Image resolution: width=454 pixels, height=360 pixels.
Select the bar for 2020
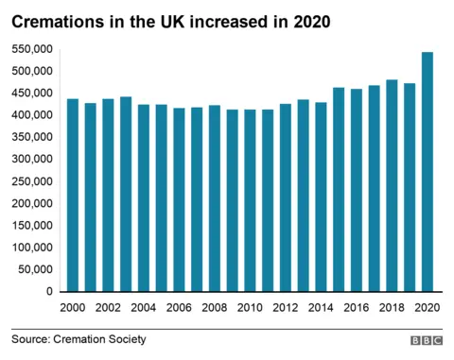[x=428, y=171]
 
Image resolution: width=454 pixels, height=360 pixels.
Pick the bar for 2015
[x=339, y=189]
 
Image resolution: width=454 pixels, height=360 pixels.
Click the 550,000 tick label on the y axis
[x=32, y=49]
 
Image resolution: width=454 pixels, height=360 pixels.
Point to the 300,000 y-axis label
[x=32, y=160]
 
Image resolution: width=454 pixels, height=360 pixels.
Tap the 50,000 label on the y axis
[x=35, y=270]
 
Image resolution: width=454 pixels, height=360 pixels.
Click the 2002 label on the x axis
[x=108, y=308]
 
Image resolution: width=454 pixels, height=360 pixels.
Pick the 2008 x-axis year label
[x=215, y=308]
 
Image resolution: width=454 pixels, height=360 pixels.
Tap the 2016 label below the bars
[x=357, y=308]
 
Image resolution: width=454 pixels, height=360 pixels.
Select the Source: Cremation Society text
[x=79, y=339]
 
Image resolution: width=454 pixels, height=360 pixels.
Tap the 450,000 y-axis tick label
[x=32, y=94]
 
